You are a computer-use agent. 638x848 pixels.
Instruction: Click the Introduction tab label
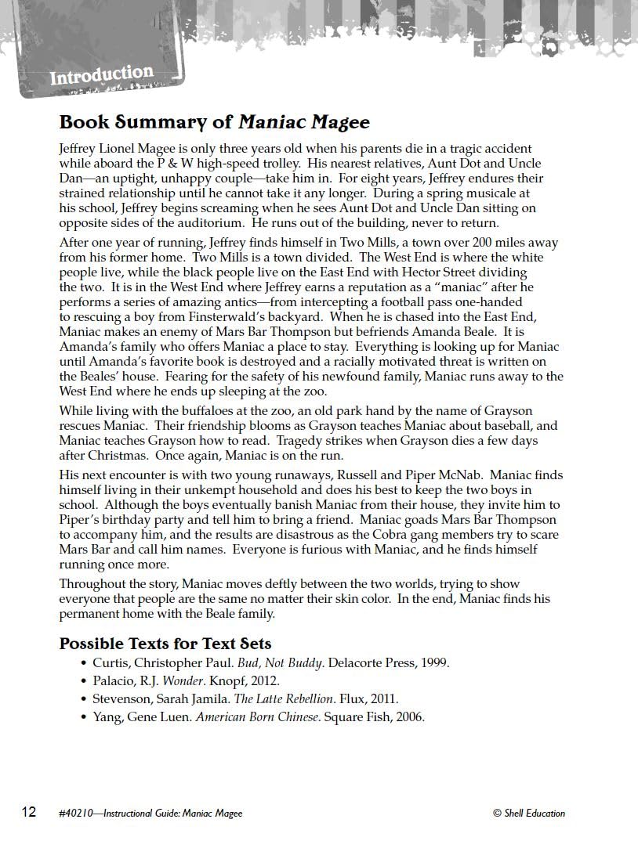101,75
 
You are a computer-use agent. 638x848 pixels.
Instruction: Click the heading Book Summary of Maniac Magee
214,122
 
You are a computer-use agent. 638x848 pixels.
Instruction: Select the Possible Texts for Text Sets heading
165,644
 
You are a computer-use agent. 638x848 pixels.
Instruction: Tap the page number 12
28,812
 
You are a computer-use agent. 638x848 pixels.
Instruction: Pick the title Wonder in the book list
182,681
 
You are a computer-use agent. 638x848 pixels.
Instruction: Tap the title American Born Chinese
258,717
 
